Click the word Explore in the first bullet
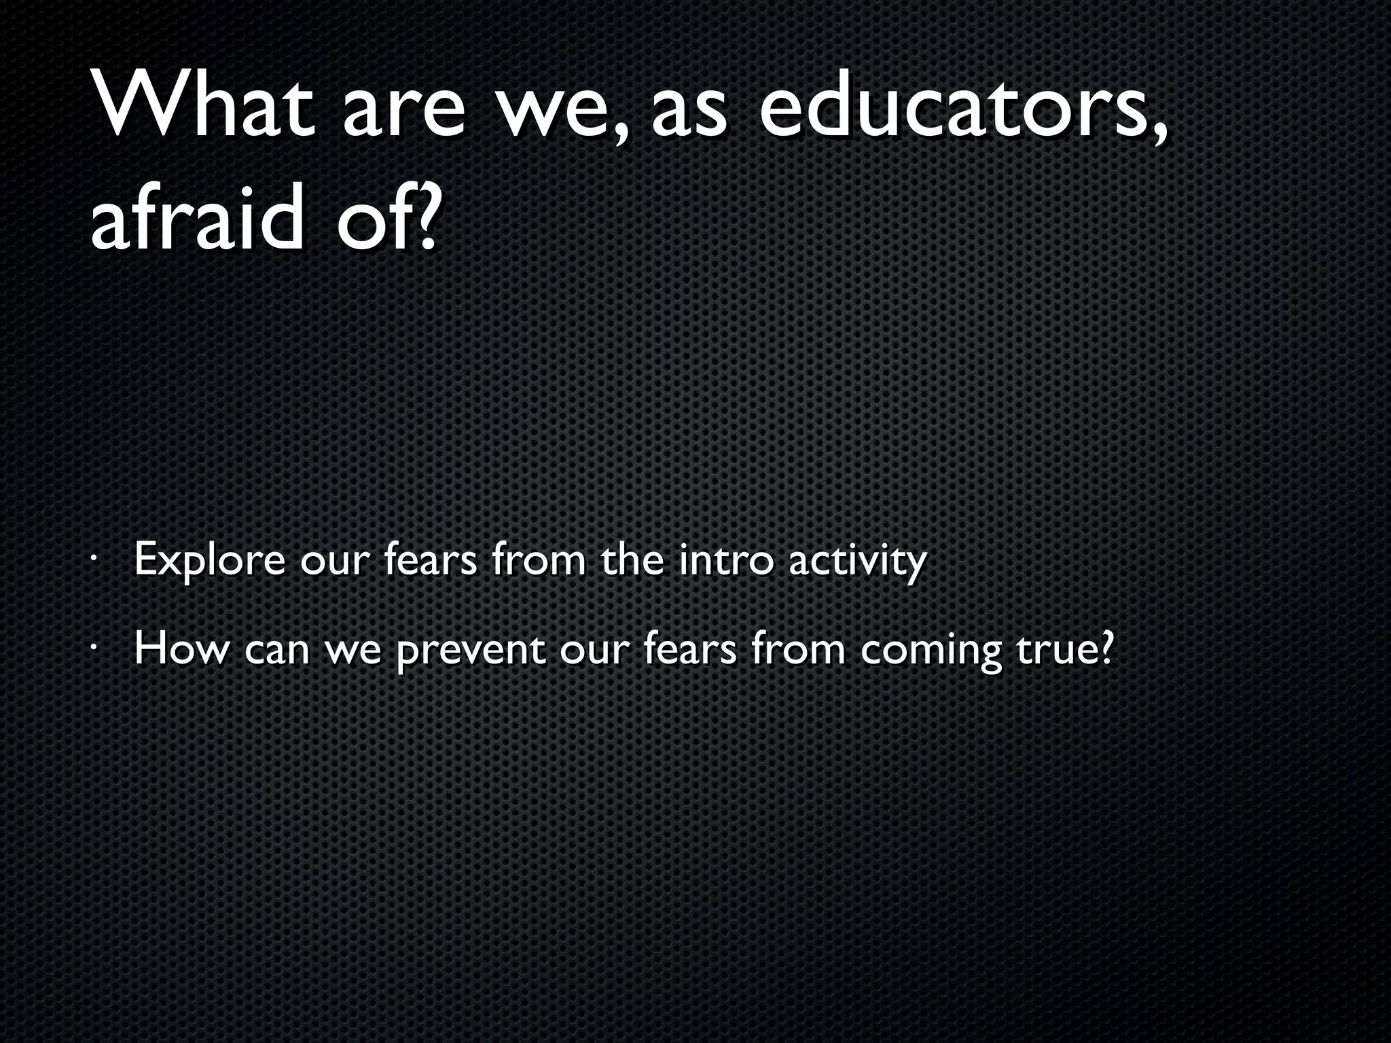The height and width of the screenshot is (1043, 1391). pyautogui.click(x=210, y=561)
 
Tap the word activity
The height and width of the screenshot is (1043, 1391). pyautogui.click(x=857, y=561)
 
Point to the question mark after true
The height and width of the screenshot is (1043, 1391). pyautogui.click(x=1106, y=648)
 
